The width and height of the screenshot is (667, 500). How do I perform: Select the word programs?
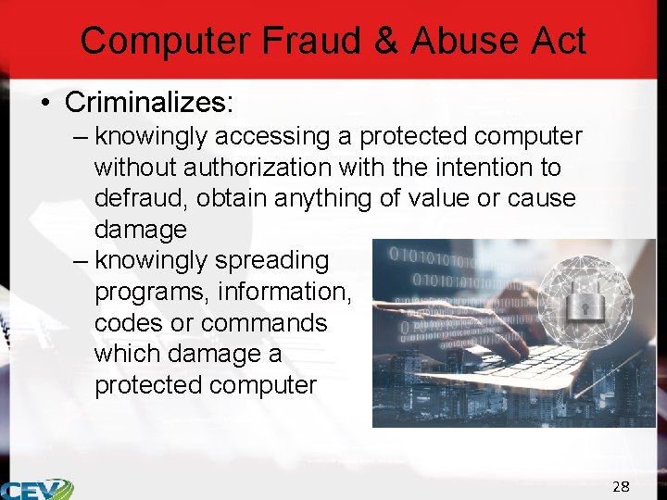tap(151, 293)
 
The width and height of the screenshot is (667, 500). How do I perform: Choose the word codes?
tap(131, 323)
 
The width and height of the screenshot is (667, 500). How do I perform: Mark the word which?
tap(129, 354)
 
